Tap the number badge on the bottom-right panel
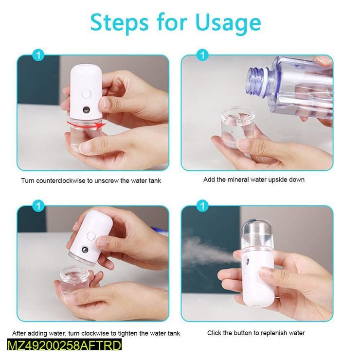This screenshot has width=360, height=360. (x=201, y=207)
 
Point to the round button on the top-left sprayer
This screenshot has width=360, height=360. (x=87, y=93)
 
